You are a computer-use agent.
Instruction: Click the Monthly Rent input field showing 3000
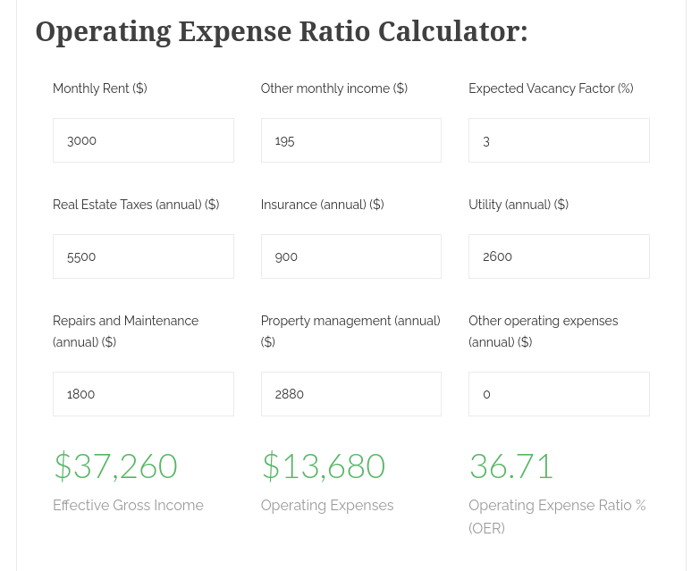(x=143, y=140)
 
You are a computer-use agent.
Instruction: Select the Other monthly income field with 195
(x=350, y=140)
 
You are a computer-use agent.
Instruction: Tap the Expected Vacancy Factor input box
(x=559, y=140)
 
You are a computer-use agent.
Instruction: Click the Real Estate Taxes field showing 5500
(x=143, y=256)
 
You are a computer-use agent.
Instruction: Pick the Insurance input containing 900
(x=350, y=256)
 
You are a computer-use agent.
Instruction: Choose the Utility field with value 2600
(x=559, y=256)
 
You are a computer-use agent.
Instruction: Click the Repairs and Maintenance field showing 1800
(x=143, y=394)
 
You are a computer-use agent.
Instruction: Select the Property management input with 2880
(x=350, y=394)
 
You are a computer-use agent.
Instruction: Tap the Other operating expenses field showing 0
(x=559, y=394)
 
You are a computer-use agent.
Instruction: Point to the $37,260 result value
(x=116, y=466)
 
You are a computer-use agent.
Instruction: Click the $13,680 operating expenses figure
(x=324, y=466)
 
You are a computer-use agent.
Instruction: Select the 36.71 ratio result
(x=511, y=466)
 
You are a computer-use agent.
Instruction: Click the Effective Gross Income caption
(x=128, y=506)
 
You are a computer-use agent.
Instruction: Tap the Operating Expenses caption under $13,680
(x=327, y=506)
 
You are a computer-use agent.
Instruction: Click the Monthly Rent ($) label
(x=100, y=88)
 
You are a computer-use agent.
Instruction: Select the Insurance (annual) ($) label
(x=322, y=205)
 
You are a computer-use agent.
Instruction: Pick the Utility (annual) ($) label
(x=519, y=205)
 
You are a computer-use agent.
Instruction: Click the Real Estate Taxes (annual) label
(x=136, y=205)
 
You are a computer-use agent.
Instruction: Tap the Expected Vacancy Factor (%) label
(x=551, y=88)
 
